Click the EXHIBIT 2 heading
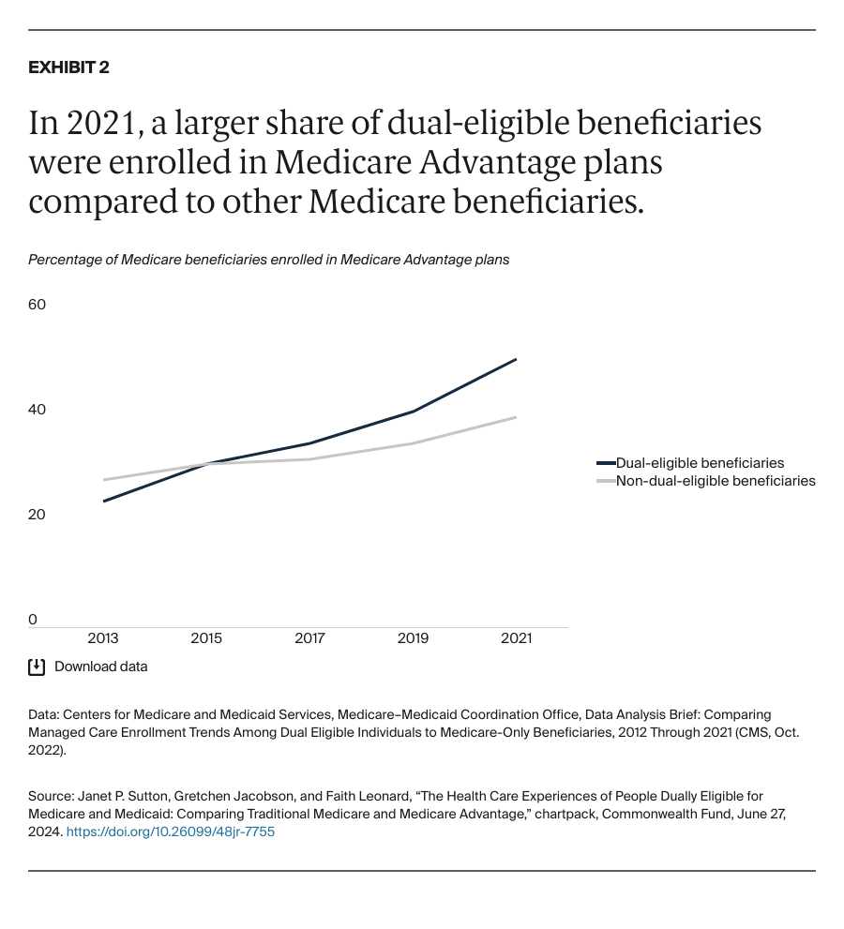click(x=68, y=67)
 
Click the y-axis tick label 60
click(x=38, y=305)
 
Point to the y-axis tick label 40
click(x=38, y=410)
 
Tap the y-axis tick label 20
click(x=38, y=515)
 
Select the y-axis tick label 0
click(x=33, y=620)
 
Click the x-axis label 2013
click(x=103, y=638)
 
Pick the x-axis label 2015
click(x=206, y=638)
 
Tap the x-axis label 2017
click(x=309, y=638)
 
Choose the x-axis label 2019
click(x=413, y=638)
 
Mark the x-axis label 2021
click(x=516, y=638)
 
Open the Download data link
click(x=100, y=667)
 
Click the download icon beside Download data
click(x=37, y=667)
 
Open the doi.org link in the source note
click(x=171, y=832)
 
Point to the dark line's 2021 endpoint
click(x=516, y=359)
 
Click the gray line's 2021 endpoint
click(x=516, y=417)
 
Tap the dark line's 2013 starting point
click(x=103, y=501)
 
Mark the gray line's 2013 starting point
click(x=103, y=480)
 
